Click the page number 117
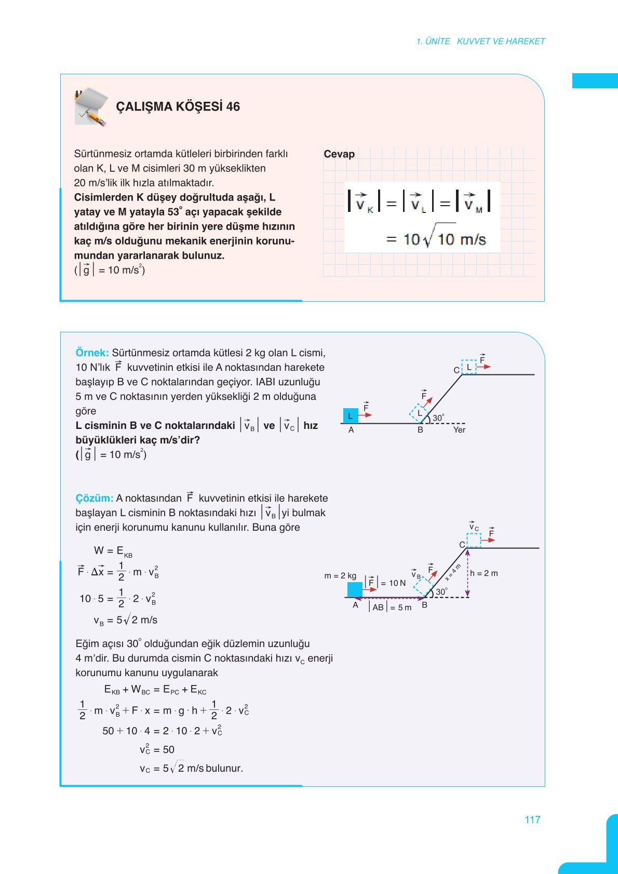532,819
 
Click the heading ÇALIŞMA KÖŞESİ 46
178,106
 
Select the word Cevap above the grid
339,154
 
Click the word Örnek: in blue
92,353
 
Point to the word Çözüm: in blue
94,498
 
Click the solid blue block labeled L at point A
351,416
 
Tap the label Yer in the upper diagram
459,429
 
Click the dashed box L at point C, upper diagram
469,367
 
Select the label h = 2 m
484,573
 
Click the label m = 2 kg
340,575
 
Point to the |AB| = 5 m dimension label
391,607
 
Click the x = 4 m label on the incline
453,572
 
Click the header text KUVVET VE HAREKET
501,42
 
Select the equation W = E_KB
113,551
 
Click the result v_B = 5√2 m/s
125,620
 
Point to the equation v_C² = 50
157,749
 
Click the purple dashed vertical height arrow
467,573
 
